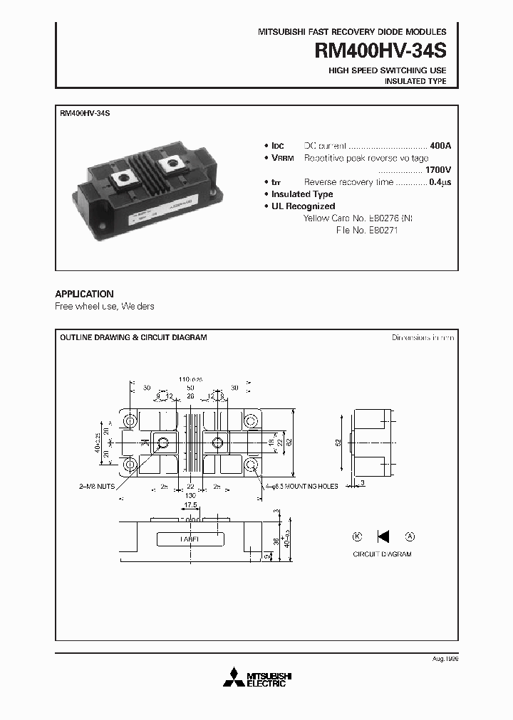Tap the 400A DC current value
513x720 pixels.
point(440,145)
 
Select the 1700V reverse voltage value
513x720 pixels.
point(437,170)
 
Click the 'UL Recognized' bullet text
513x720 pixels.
point(304,206)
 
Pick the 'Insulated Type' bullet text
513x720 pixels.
point(302,194)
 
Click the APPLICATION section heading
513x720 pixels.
point(84,294)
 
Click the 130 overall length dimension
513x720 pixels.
point(190,494)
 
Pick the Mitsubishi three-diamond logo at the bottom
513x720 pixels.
point(231,678)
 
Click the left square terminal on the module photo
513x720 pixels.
point(130,175)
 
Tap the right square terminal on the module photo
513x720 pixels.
point(172,166)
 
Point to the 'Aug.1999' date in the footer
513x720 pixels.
point(445,660)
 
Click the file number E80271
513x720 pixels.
point(380,230)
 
